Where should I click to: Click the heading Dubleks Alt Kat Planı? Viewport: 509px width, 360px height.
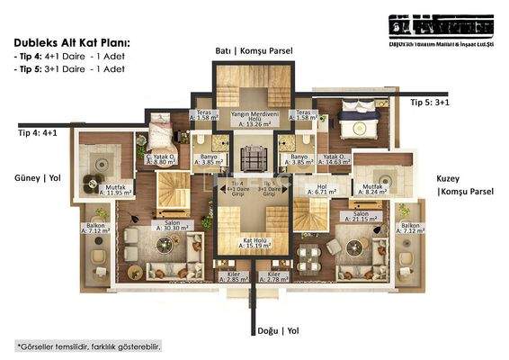pos(71,41)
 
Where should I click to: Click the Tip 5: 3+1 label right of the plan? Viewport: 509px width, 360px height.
pos(430,103)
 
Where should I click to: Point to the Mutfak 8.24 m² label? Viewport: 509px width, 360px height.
pos(370,189)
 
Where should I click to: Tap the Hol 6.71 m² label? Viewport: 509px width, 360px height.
pos(321,190)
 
